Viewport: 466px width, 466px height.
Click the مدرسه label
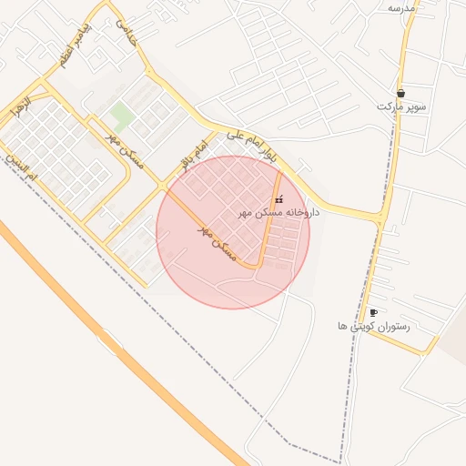[x=401, y=7]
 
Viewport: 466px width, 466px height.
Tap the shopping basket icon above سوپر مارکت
[x=401, y=93]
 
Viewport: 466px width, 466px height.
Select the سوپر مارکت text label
[x=402, y=106]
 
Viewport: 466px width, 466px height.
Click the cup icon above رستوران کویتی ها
[x=373, y=312]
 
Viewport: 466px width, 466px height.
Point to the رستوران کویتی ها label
[x=374, y=325]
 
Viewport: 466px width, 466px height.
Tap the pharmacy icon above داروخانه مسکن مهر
[x=279, y=199]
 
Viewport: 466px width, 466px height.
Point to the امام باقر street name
[x=194, y=156]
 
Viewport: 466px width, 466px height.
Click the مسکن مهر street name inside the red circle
[x=217, y=242]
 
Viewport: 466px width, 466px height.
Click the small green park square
[x=121, y=115]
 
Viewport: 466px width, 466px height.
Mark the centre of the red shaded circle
[x=233, y=232]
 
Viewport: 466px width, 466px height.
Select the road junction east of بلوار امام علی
[x=381, y=218]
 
